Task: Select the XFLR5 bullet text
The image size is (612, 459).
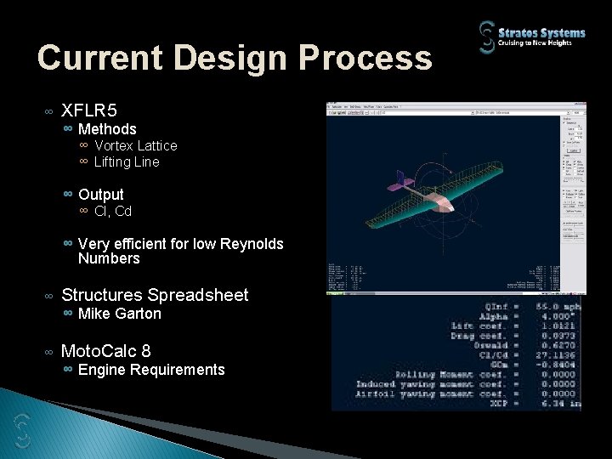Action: coord(89,110)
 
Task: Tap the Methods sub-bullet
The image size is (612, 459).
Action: coord(107,129)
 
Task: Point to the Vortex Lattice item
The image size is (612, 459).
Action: coord(136,146)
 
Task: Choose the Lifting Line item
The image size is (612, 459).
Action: coord(127,161)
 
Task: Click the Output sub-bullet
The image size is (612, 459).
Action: coord(101,195)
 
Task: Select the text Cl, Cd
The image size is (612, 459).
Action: coord(113,211)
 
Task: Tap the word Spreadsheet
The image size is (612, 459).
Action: coord(197,295)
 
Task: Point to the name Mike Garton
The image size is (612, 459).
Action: coord(120,314)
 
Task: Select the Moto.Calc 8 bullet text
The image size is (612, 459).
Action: coord(106,349)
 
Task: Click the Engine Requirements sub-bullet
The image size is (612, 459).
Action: coord(151,370)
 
